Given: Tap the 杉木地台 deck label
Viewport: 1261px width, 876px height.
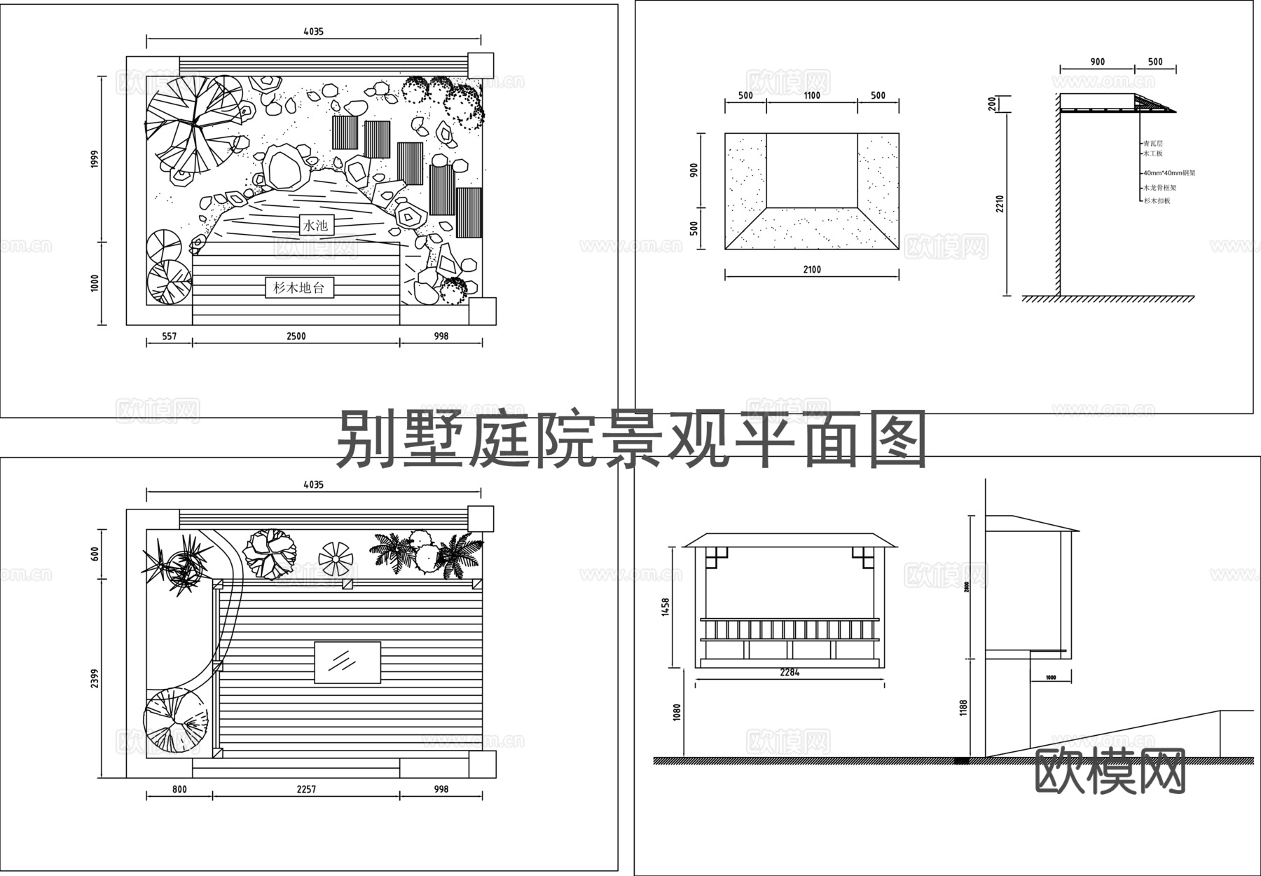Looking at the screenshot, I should [299, 287].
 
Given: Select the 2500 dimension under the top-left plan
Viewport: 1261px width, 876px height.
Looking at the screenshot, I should [296, 336].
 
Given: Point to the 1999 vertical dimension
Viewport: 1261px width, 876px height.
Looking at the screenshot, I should [95, 159].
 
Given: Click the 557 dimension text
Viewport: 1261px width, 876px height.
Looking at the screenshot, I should [169, 336].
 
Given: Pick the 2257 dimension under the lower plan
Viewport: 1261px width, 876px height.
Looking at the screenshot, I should [306, 789].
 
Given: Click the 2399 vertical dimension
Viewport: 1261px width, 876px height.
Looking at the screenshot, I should [95, 678].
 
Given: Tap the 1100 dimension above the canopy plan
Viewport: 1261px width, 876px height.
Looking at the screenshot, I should [811, 96].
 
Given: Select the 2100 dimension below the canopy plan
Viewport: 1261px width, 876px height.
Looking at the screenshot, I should [811, 270].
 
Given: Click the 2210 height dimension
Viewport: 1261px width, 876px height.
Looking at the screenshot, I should [1000, 204].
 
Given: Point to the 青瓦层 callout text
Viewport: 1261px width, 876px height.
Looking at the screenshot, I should [1153, 143].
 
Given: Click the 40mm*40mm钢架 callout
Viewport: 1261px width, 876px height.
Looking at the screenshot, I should [1169, 172].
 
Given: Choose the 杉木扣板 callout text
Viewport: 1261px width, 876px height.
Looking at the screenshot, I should [1157, 200].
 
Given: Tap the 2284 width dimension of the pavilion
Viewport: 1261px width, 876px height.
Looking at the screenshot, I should [790, 673].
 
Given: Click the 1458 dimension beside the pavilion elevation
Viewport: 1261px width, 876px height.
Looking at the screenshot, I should [666, 607].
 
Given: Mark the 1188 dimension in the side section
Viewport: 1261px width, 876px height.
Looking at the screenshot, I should [964, 708].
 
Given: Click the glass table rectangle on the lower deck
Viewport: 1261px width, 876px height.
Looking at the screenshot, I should [347, 662].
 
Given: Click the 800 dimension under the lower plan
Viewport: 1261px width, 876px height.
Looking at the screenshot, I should [179, 789].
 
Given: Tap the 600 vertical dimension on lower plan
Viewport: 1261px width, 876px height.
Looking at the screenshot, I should [95, 554].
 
